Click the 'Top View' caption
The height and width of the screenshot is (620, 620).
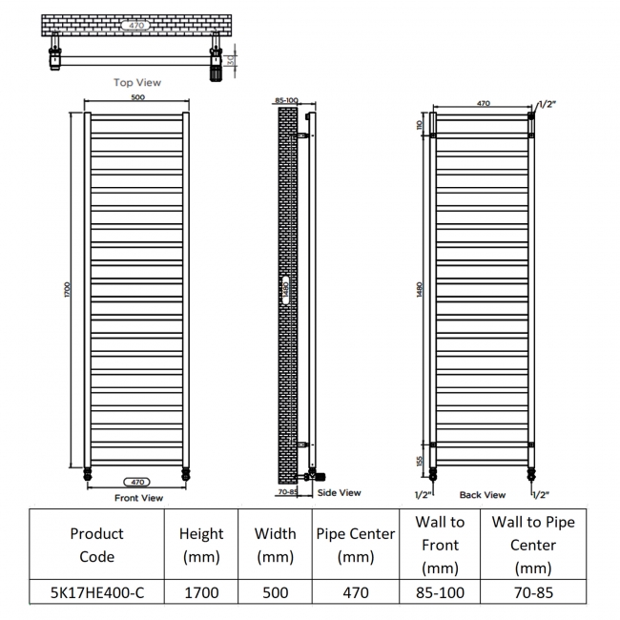[137, 83]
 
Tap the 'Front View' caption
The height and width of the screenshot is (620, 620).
[139, 498]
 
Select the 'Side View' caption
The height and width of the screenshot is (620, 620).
[340, 493]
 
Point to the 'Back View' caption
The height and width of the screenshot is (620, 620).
[483, 495]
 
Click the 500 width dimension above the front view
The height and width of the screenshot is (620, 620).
[138, 97]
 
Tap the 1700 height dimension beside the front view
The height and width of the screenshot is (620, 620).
[67, 289]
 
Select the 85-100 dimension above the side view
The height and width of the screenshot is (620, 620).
[286, 100]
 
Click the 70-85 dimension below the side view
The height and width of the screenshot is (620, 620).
[287, 492]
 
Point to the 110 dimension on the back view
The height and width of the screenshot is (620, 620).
[420, 125]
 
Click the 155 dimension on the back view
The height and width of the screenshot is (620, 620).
[420, 461]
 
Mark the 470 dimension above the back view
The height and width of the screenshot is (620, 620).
[484, 103]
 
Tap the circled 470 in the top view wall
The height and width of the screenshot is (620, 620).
[136, 26]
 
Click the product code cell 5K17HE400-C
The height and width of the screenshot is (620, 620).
[97, 592]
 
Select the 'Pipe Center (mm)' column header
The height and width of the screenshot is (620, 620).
[356, 546]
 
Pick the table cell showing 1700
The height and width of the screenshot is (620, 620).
[201, 592]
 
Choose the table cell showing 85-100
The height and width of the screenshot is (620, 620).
[440, 592]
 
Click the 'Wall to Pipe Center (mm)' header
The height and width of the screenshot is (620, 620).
[533, 546]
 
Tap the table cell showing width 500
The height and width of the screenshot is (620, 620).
[276, 592]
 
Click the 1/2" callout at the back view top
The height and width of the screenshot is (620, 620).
[548, 104]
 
